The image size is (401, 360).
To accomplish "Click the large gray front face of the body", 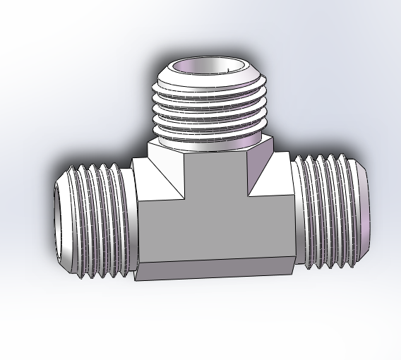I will [x=212, y=226].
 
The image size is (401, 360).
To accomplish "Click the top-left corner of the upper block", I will [x=149, y=142].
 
